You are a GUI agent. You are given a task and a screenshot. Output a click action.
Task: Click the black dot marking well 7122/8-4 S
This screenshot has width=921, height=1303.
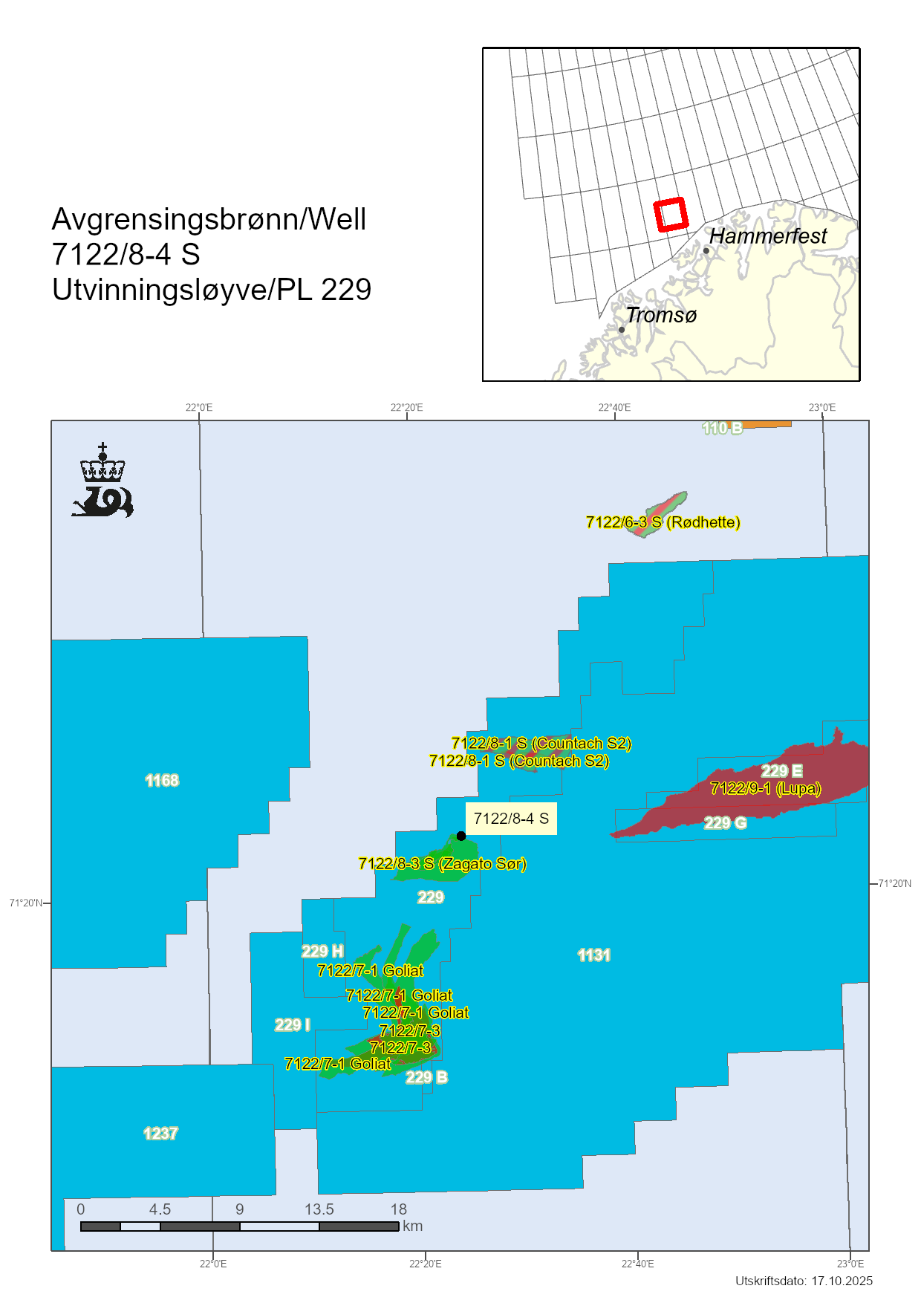[x=461, y=836]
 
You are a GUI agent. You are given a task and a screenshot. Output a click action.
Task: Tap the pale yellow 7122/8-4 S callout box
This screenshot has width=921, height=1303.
[x=511, y=819]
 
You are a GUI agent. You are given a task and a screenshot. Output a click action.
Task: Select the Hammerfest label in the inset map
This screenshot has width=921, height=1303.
[x=768, y=236]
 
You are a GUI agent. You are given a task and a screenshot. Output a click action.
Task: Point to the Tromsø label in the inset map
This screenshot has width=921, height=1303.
[x=661, y=315]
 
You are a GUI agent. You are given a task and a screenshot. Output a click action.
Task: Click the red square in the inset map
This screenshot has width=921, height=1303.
[x=671, y=215]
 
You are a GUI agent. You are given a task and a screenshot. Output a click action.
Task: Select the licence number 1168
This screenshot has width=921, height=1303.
[x=162, y=781]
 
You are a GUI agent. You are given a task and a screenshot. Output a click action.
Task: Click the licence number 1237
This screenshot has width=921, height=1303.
[x=160, y=1134]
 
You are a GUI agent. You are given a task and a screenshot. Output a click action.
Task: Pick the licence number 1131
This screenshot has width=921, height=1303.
[x=594, y=955]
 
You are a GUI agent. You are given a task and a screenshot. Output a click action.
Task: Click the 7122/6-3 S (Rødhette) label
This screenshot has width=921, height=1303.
[x=663, y=522]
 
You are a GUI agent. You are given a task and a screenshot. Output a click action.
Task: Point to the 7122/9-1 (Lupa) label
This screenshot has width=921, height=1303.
[x=765, y=788]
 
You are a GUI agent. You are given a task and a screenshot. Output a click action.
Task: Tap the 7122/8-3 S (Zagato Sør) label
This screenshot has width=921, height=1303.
[x=442, y=864]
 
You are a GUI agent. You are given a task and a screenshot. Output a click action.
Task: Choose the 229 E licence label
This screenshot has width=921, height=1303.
[x=781, y=771]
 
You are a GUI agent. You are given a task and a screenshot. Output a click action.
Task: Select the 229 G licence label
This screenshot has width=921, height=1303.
[x=725, y=823]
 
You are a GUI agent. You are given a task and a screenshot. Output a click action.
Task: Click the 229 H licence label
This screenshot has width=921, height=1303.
[x=322, y=952]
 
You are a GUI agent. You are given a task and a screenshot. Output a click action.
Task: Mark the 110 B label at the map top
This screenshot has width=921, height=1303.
[x=722, y=429]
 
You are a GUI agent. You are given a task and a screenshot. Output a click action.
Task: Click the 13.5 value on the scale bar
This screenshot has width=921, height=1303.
[x=319, y=1209]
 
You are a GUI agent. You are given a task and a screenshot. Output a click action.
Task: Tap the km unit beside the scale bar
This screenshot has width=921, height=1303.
[x=413, y=1226]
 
